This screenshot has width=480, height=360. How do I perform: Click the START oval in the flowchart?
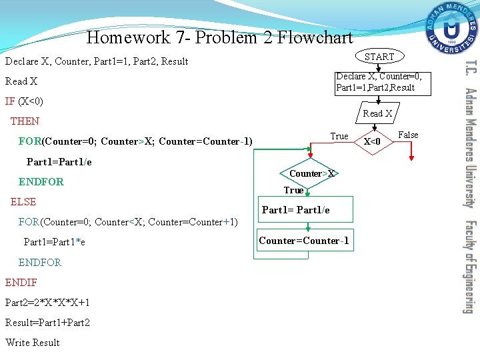point(379,57)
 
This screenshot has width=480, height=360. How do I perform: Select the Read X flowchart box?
point(377,113)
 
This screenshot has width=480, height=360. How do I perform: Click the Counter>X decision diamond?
point(311,174)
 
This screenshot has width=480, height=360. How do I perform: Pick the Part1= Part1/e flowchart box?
point(296,210)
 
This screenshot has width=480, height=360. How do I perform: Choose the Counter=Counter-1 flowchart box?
point(304,241)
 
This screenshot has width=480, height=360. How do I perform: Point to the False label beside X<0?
point(408,135)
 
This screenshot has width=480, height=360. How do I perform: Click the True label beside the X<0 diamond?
point(339,136)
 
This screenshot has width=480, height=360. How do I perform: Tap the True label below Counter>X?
point(293,191)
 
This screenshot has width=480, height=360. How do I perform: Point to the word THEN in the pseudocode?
point(25,121)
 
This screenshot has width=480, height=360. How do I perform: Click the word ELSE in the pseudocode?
point(23,201)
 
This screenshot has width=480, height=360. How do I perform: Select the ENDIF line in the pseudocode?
point(21,282)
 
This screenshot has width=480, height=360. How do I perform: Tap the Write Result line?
point(33,343)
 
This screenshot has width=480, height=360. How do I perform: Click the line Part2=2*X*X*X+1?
point(47,303)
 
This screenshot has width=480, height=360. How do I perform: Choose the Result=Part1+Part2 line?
point(47,323)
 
